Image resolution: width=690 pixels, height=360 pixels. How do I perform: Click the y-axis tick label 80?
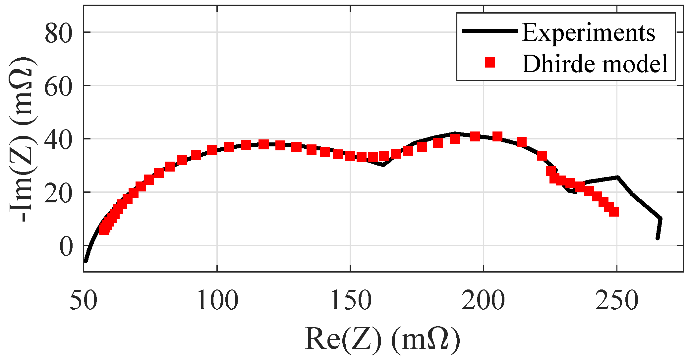click(58, 34)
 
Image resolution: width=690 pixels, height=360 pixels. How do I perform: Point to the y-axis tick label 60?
click(58, 87)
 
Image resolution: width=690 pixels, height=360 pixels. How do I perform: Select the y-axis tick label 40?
click(58, 140)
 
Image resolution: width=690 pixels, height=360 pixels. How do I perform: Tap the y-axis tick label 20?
click(58, 194)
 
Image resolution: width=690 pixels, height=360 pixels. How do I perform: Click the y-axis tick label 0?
click(66, 247)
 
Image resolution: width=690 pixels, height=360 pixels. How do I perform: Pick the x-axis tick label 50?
click(84, 301)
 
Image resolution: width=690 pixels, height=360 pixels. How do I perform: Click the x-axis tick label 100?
click(217, 301)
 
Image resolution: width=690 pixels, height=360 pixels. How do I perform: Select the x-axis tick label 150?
click(351, 301)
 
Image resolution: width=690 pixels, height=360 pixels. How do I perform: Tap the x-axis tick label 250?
click(616, 301)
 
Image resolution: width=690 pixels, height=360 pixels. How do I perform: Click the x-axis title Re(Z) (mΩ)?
click(383, 339)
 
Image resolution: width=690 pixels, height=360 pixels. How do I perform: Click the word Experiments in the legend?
click(589, 33)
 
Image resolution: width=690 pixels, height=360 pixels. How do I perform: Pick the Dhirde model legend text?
click(595, 64)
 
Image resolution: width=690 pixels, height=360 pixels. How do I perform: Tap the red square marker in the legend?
click(490, 63)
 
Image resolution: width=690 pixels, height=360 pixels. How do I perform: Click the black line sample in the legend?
click(490, 31)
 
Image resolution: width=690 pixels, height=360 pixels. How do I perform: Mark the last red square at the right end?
click(614, 211)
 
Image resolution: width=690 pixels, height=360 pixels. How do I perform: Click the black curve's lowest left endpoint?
click(86, 261)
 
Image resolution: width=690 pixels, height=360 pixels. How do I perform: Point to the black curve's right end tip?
click(658, 238)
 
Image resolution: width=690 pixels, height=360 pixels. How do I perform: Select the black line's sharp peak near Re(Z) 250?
click(617, 178)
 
